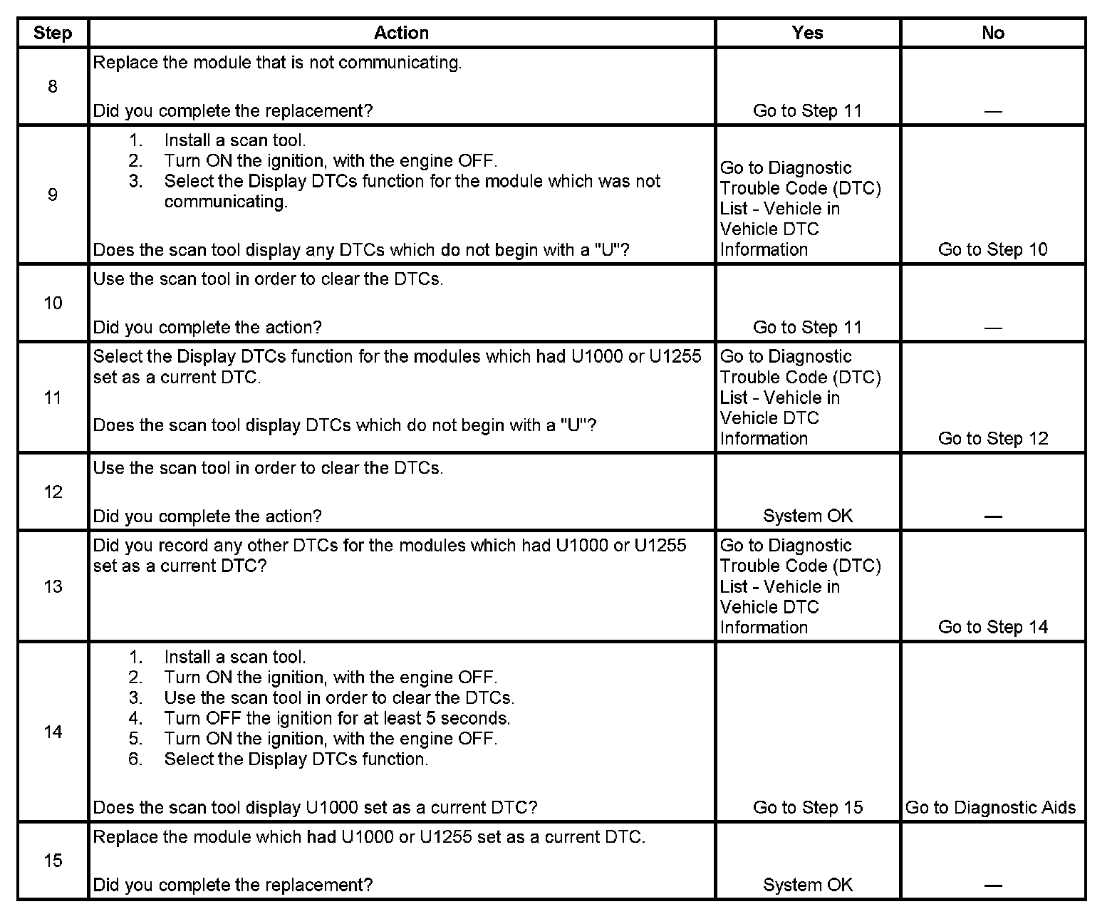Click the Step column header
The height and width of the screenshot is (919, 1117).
(x=53, y=33)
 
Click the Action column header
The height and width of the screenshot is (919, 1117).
(x=401, y=33)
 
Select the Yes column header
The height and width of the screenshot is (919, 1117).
(x=807, y=33)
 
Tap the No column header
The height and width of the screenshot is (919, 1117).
(x=992, y=33)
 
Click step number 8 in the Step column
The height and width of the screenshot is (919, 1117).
(x=53, y=87)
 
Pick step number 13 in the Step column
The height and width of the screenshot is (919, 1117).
(x=53, y=586)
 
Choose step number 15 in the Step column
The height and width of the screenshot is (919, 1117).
(x=53, y=861)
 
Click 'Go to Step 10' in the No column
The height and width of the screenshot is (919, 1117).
(x=992, y=249)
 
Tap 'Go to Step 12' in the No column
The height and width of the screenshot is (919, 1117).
(x=992, y=438)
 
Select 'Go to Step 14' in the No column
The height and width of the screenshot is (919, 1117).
(x=992, y=627)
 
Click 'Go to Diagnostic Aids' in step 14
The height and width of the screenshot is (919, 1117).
(x=990, y=807)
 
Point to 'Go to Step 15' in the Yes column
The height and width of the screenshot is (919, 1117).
(x=807, y=807)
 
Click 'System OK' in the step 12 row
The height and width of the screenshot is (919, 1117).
(x=807, y=516)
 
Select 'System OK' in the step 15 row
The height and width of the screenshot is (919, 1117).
(x=807, y=885)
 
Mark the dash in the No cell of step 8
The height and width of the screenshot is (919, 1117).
(x=992, y=111)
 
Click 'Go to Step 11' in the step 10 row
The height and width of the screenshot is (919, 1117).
(x=807, y=328)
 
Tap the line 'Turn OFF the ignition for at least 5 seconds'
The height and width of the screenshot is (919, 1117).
(x=337, y=718)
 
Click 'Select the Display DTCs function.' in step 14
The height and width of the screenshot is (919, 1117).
(x=296, y=759)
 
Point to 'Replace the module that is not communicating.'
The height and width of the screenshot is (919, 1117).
(x=277, y=63)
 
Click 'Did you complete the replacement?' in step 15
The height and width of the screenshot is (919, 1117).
(x=233, y=885)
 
